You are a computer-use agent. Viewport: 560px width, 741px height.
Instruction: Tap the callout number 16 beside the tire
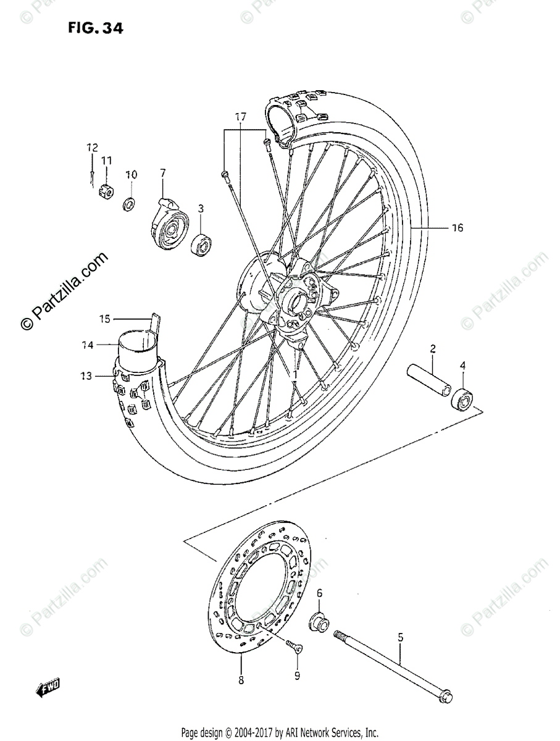coord(456,228)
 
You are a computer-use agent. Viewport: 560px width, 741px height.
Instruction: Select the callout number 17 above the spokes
coord(240,116)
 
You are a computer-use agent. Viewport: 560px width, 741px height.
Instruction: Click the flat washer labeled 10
coord(130,203)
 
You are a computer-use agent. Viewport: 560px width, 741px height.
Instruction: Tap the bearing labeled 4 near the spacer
coord(462,400)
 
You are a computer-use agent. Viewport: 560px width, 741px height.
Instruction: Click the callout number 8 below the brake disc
coord(241,680)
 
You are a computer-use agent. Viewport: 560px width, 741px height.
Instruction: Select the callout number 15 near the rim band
coord(104,319)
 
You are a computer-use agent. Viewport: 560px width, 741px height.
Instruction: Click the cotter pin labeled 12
coord(91,176)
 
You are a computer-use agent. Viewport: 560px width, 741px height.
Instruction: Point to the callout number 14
coord(87,346)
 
